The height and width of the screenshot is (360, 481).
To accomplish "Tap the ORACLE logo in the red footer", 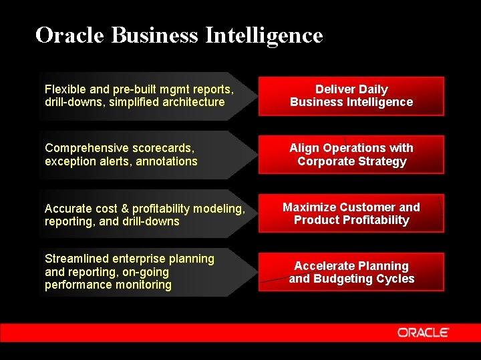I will (423, 333).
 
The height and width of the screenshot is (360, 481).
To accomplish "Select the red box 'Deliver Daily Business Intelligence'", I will (351, 96).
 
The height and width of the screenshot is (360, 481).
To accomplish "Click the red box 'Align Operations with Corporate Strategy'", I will (351, 155).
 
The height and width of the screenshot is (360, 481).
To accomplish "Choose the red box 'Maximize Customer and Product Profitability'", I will (351, 213).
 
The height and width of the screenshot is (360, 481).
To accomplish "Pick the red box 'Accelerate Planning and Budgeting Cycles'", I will (351, 272).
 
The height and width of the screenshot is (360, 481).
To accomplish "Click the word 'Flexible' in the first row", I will (64, 89).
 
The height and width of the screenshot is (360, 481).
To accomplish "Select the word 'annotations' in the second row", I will (166, 161).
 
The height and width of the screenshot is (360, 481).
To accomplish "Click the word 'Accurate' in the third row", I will (67, 208).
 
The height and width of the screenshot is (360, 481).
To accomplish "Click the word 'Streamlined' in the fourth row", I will (76, 259).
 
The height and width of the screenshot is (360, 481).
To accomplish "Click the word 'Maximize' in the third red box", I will (309, 207).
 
